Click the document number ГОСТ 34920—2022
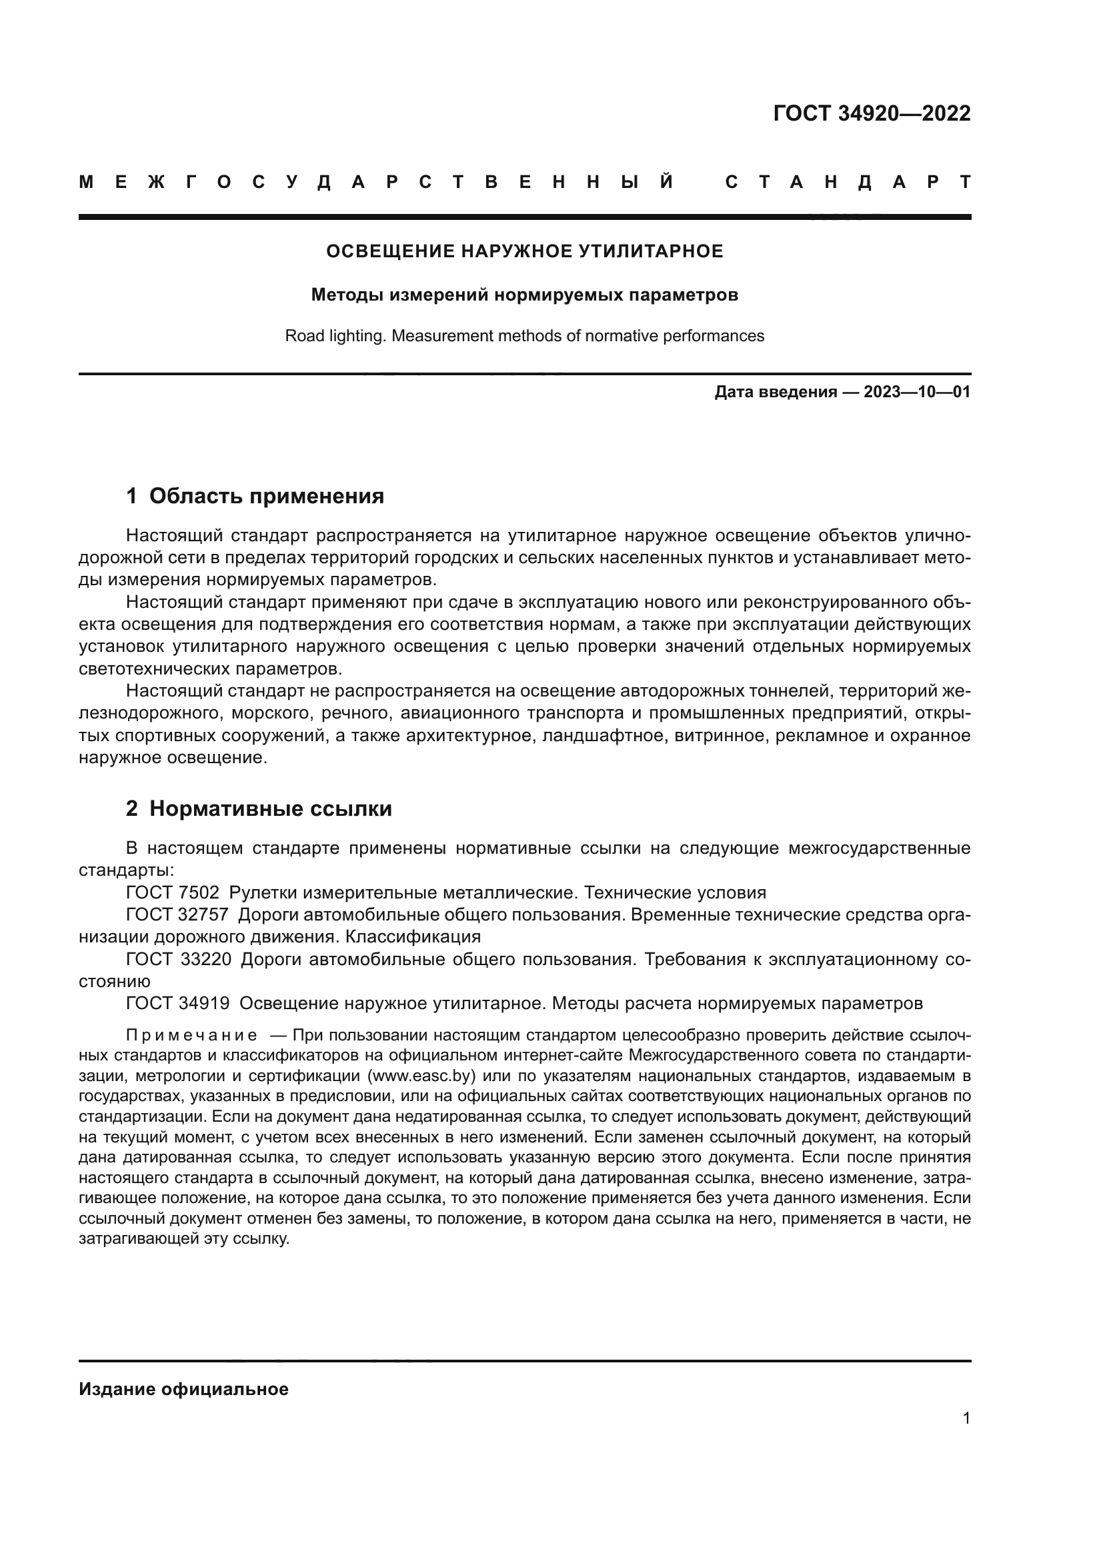point(872,113)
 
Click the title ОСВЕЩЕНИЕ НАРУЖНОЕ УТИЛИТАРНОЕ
point(524,252)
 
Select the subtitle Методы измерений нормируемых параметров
point(524,295)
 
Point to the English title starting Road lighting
point(524,336)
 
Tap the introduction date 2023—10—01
point(917,393)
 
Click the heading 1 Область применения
point(255,497)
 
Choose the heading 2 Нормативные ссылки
point(259,808)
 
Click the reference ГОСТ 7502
point(173,893)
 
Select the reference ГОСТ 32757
point(177,915)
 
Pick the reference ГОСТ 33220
point(178,959)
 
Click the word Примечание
point(191,1036)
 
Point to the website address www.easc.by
point(421,1076)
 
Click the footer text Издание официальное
point(183,1389)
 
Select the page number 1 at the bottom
point(966,1418)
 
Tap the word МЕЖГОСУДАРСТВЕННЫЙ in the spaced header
point(376,183)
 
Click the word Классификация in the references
point(413,937)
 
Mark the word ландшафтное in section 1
point(602,736)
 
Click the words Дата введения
point(775,393)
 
